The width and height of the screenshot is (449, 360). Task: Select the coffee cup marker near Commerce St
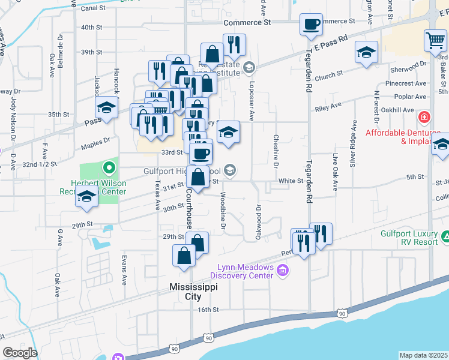[311, 25]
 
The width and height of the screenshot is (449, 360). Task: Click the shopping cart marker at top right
[435, 41]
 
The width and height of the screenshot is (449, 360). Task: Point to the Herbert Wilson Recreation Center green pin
[109, 167]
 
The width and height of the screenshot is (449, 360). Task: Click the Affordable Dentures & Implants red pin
[424, 116]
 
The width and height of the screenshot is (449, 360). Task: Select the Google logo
[20, 353]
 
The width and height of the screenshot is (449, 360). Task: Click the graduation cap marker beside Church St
[366, 52]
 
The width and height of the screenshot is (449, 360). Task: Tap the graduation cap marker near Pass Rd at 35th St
[106, 108]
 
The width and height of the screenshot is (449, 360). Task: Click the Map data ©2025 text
[424, 355]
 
